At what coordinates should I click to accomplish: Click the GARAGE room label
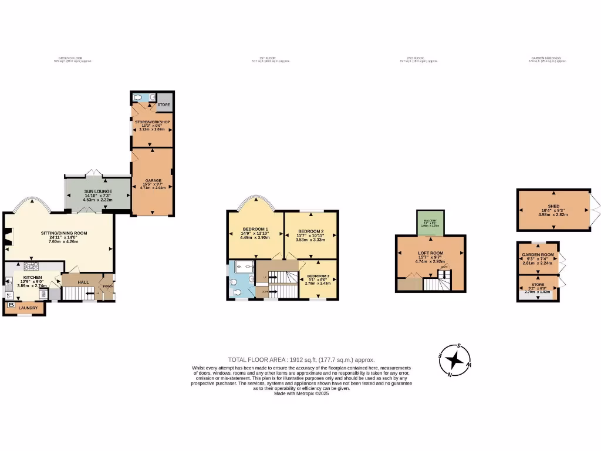[152, 180]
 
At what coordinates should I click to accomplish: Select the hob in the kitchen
[31, 265]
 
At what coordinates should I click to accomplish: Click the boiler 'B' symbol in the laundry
[11, 305]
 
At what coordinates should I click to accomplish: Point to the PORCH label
[108, 287]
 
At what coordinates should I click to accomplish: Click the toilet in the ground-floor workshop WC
[137, 97]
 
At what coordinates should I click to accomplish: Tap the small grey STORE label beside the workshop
[164, 105]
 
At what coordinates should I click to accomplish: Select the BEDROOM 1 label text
[255, 229]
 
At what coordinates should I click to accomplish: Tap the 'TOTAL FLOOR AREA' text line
[300, 359]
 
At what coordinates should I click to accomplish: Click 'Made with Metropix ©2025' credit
[301, 393]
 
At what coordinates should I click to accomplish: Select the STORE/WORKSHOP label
[152, 122]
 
